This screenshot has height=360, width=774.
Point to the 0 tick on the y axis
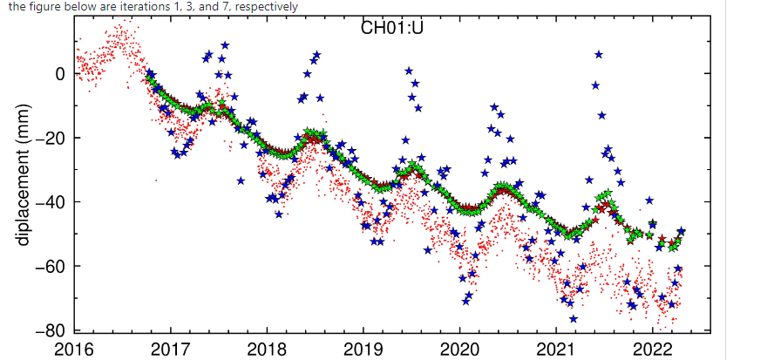(x=60, y=74)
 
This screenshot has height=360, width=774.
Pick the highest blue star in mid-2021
(x=599, y=55)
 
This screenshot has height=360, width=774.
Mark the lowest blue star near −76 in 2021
(x=573, y=318)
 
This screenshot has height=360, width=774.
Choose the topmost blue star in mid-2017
(x=225, y=44)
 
